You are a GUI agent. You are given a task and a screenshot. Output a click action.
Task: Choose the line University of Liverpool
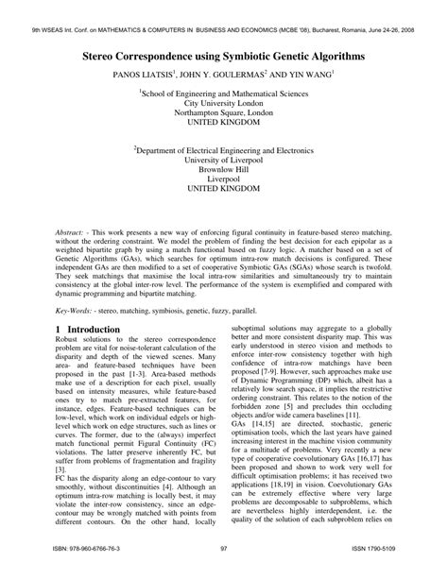click(x=224, y=160)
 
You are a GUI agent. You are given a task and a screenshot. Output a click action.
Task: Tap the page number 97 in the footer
click(x=224, y=564)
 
